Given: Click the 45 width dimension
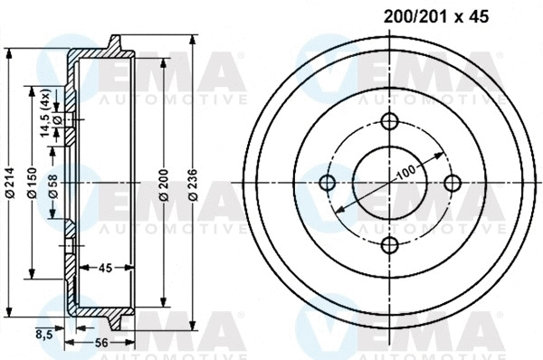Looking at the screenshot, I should (105, 267).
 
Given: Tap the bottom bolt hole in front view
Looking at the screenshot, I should (389, 245).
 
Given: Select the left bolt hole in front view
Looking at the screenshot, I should (328, 184).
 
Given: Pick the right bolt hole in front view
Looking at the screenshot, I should (451, 184).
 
